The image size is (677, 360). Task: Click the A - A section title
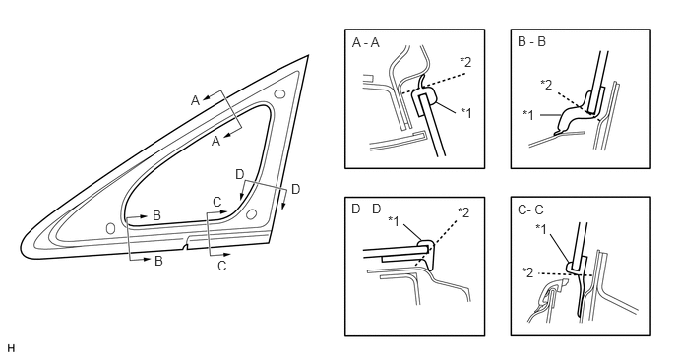click(x=366, y=42)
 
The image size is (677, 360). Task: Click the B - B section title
click(x=531, y=41)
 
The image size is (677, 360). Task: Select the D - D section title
click(x=366, y=209)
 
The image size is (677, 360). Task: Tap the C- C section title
click(x=530, y=210)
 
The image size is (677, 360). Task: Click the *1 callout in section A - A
click(x=465, y=113)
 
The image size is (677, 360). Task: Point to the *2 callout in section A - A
click(x=465, y=63)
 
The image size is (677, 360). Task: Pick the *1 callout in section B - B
click(x=528, y=115)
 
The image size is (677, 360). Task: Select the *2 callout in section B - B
click(x=546, y=85)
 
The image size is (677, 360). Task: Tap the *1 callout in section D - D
click(x=394, y=221)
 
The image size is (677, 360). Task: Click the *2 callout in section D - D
click(x=463, y=212)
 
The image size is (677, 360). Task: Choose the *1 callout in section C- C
click(x=541, y=229)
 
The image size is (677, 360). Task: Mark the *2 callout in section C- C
click(x=527, y=272)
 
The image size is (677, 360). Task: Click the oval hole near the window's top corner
click(x=279, y=93)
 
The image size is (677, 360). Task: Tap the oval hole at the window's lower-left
click(x=110, y=228)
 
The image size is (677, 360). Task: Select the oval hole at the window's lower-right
click(x=251, y=214)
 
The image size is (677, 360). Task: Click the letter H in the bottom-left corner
click(x=11, y=348)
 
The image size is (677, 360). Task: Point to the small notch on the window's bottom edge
click(x=186, y=247)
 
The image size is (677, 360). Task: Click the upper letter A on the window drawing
click(x=196, y=100)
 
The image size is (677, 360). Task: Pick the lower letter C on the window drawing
click(x=222, y=266)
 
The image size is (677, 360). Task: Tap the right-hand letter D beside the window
click(x=296, y=189)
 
